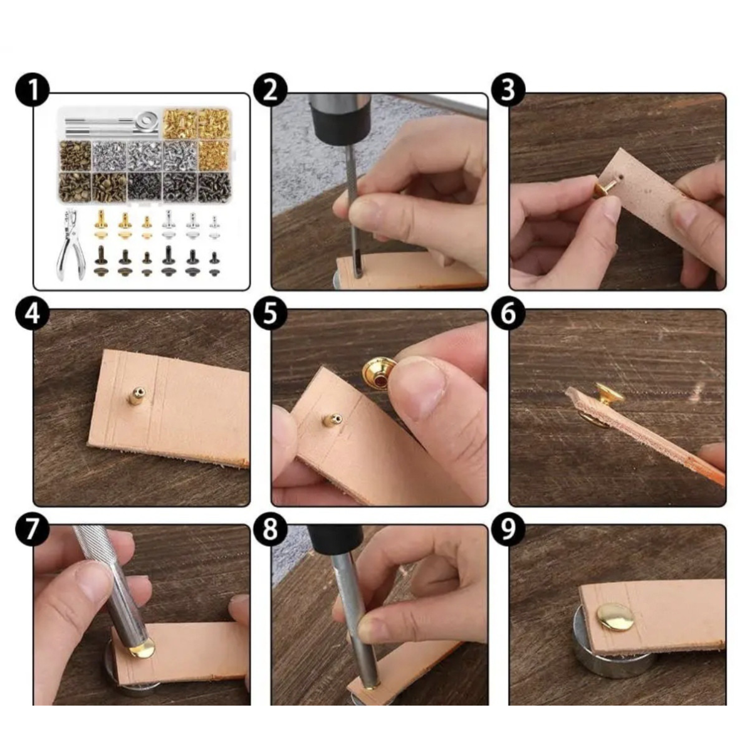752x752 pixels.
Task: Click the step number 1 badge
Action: click(33, 90)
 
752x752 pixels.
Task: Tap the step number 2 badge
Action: click(270, 90)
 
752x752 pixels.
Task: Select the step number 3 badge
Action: click(508, 90)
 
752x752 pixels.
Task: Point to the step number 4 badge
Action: click(33, 314)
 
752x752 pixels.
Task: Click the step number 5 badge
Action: click(270, 314)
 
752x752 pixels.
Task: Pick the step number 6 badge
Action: click(508, 314)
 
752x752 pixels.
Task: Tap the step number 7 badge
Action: click(33, 530)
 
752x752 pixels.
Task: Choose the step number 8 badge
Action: click(270, 530)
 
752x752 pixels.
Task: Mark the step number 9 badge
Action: click(508, 530)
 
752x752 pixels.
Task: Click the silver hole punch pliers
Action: click(70, 245)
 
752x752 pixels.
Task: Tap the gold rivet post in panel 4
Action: click(137, 396)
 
